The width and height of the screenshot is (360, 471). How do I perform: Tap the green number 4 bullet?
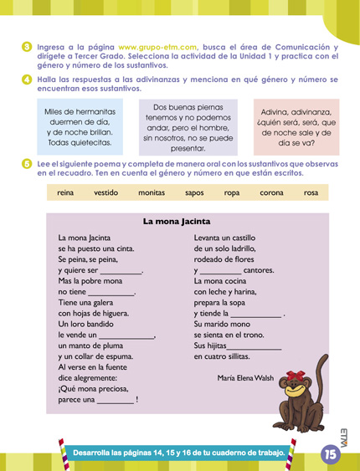(27, 79)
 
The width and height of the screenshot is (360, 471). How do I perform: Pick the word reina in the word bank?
(65, 193)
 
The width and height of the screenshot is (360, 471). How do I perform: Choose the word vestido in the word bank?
(106, 193)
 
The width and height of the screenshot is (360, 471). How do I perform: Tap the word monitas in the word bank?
(151, 193)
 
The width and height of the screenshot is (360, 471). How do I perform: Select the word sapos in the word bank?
(194, 193)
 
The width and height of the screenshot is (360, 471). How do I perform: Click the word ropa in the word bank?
(233, 193)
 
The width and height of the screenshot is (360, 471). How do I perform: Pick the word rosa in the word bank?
(311, 193)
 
